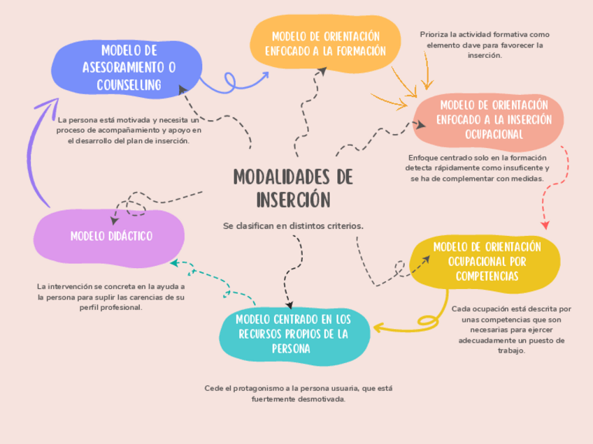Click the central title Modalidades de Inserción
292,187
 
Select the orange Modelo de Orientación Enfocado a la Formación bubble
325,44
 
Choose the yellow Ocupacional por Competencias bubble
487,261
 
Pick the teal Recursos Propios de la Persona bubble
294,333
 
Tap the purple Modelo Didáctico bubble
110,236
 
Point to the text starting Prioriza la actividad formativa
485,45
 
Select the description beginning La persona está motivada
129,130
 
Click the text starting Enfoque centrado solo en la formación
477,168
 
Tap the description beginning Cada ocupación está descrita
511,330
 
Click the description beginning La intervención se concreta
111,297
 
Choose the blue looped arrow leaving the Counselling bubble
231,82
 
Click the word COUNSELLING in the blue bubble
129,85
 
